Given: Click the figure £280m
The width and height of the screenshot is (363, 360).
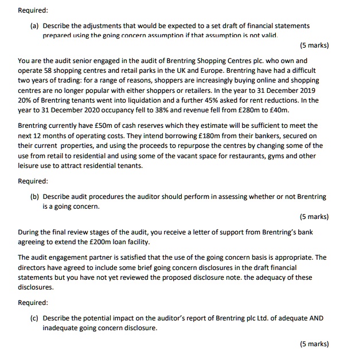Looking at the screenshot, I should coord(247,110).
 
